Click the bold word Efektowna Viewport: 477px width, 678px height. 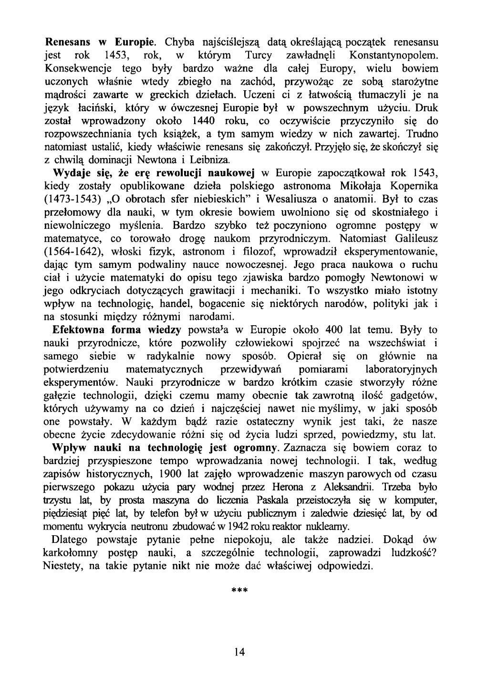tap(79, 330)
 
